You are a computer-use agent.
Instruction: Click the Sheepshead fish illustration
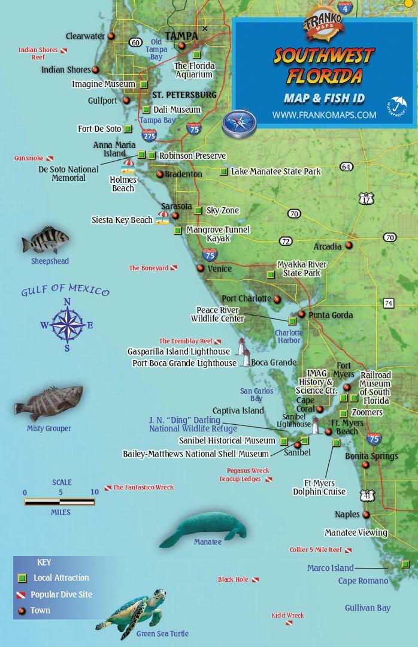46,241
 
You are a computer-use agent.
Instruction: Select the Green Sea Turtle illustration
131,609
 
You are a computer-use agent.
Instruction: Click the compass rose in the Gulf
67,325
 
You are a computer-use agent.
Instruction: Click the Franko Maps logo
323,27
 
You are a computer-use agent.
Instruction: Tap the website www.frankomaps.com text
324,114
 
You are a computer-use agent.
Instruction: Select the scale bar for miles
60,502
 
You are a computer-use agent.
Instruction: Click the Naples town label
347,514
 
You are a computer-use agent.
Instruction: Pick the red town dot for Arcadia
349,245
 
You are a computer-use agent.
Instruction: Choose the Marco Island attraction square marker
405,564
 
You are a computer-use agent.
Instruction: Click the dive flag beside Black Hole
255,580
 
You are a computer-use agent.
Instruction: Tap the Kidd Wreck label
287,615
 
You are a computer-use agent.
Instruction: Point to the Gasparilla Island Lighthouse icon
241,347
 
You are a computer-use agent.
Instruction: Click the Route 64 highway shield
346,167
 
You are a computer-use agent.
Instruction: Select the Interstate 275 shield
149,135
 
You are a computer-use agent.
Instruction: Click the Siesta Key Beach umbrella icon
162,218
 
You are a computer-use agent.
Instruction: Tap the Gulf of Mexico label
65,291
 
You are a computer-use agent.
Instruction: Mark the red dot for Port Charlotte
277,298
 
